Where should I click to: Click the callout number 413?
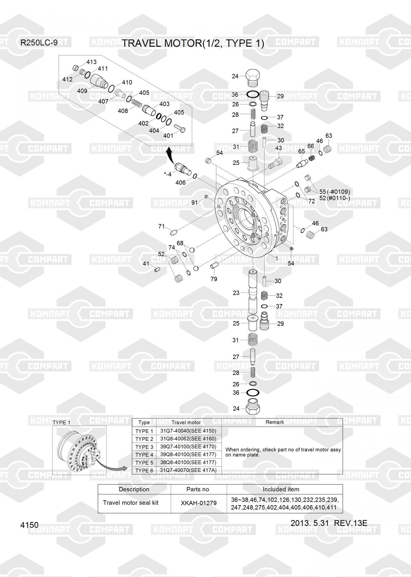coord(91,62)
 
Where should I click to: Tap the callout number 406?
coord(181,183)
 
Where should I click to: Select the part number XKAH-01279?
coord(198,503)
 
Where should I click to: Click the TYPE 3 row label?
coord(144,447)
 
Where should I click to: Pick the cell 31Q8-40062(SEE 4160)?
coord(188,439)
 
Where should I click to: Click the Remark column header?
coord(275,422)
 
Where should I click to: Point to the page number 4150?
coord(29,525)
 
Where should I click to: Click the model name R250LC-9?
coord(39,43)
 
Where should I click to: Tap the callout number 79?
coord(214,279)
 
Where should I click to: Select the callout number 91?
coord(195,203)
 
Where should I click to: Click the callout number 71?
coord(162,226)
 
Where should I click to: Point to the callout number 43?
coord(278,148)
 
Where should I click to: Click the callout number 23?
coord(236,293)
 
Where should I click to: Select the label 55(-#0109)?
coord(335,192)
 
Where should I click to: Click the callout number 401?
coord(168,136)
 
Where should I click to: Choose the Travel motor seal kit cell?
coord(131,503)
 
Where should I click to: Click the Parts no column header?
coord(198,489)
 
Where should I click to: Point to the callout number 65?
coord(301,152)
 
